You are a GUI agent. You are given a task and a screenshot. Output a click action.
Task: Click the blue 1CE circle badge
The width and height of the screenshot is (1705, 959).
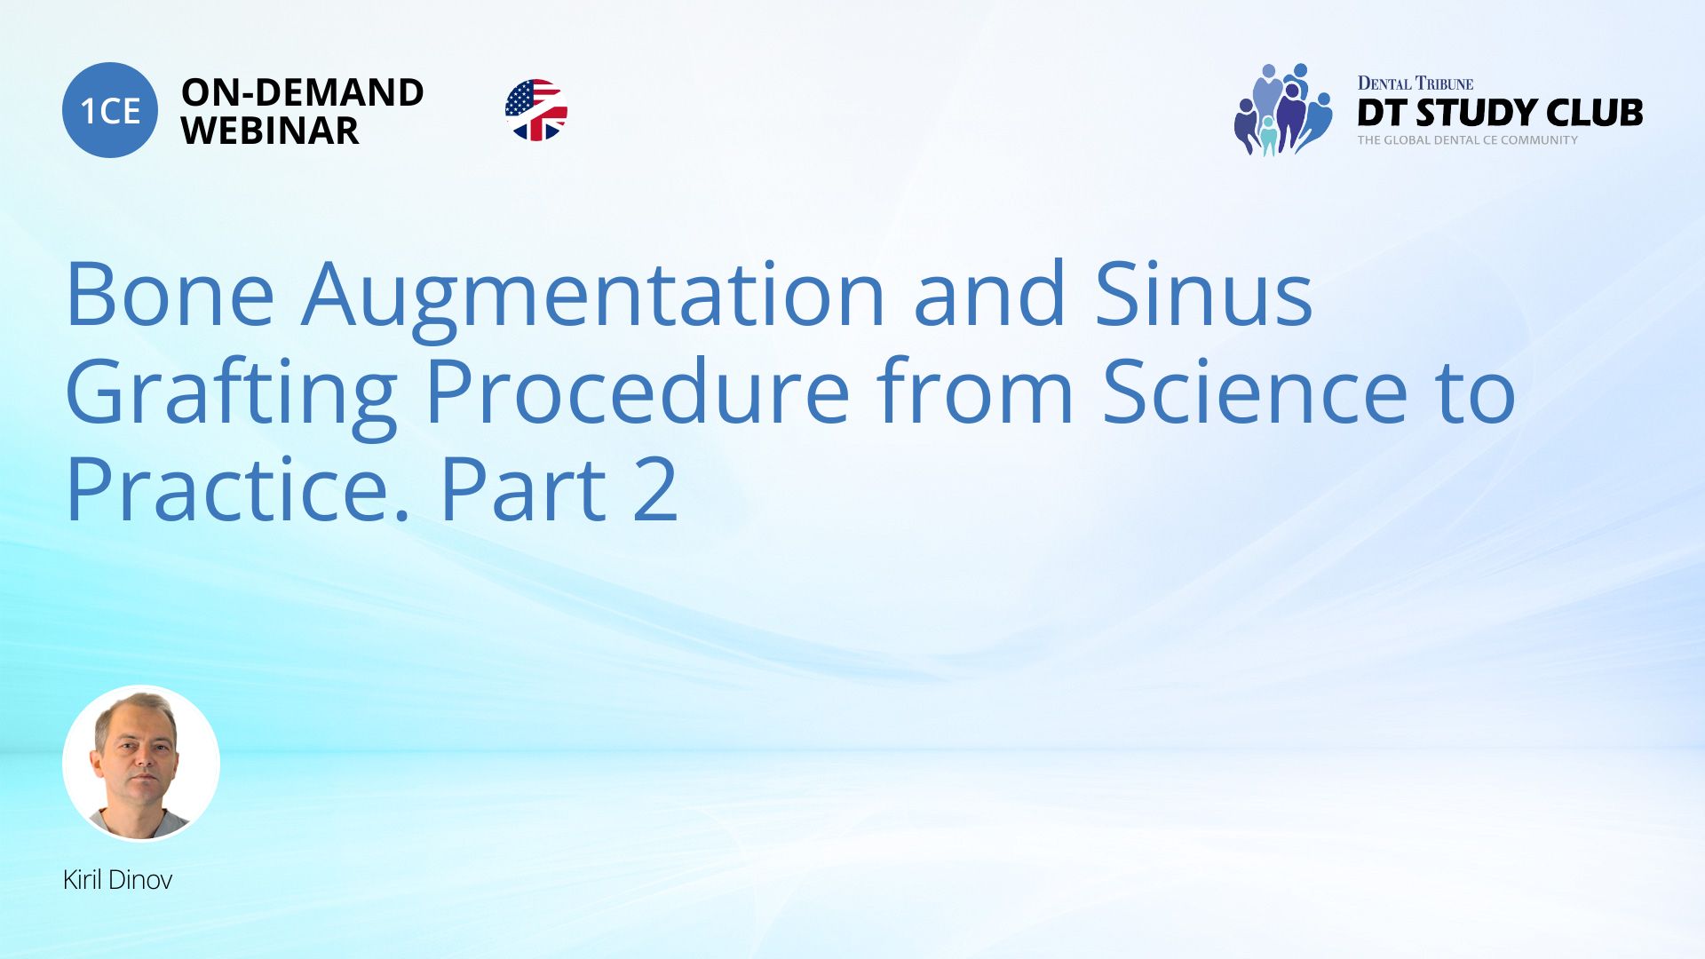click(x=110, y=110)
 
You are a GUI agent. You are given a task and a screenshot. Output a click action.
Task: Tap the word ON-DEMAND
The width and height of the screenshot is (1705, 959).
click(x=302, y=92)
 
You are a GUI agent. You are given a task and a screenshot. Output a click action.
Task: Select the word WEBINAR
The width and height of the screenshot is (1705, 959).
click(x=270, y=131)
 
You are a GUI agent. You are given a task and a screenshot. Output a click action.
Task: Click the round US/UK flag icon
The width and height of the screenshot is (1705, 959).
click(x=536, y=110)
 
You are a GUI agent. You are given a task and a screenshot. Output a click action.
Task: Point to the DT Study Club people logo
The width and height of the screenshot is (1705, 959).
click(x=1283, y=109)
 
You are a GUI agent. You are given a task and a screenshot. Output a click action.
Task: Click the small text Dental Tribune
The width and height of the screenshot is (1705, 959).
click(x=1416, y=83)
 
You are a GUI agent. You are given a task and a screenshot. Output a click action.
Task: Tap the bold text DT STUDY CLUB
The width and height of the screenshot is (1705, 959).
click(x=1500, y=113)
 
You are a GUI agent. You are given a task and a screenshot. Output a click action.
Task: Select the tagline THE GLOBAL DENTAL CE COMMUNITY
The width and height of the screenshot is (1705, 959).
click(x=1467, y=140)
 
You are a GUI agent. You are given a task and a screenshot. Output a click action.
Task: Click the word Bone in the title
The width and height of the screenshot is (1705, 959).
click(x=170, y=294)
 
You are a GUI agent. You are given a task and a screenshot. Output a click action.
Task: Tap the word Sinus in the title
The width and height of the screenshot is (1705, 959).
click(x=1203, y=294)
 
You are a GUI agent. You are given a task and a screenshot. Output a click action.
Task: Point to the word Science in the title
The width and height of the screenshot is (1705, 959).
click(x=1255, y=392)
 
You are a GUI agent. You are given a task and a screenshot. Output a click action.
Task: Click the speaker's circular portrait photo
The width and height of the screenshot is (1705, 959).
click(x=141, y=763)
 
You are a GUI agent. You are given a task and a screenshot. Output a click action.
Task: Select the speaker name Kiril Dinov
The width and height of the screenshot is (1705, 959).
click(x=117, y=880)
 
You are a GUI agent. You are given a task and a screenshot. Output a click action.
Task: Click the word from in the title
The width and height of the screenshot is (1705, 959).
click(x=975, y=390)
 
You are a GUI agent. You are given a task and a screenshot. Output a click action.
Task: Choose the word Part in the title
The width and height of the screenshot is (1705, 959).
click(x=523, y=489)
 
